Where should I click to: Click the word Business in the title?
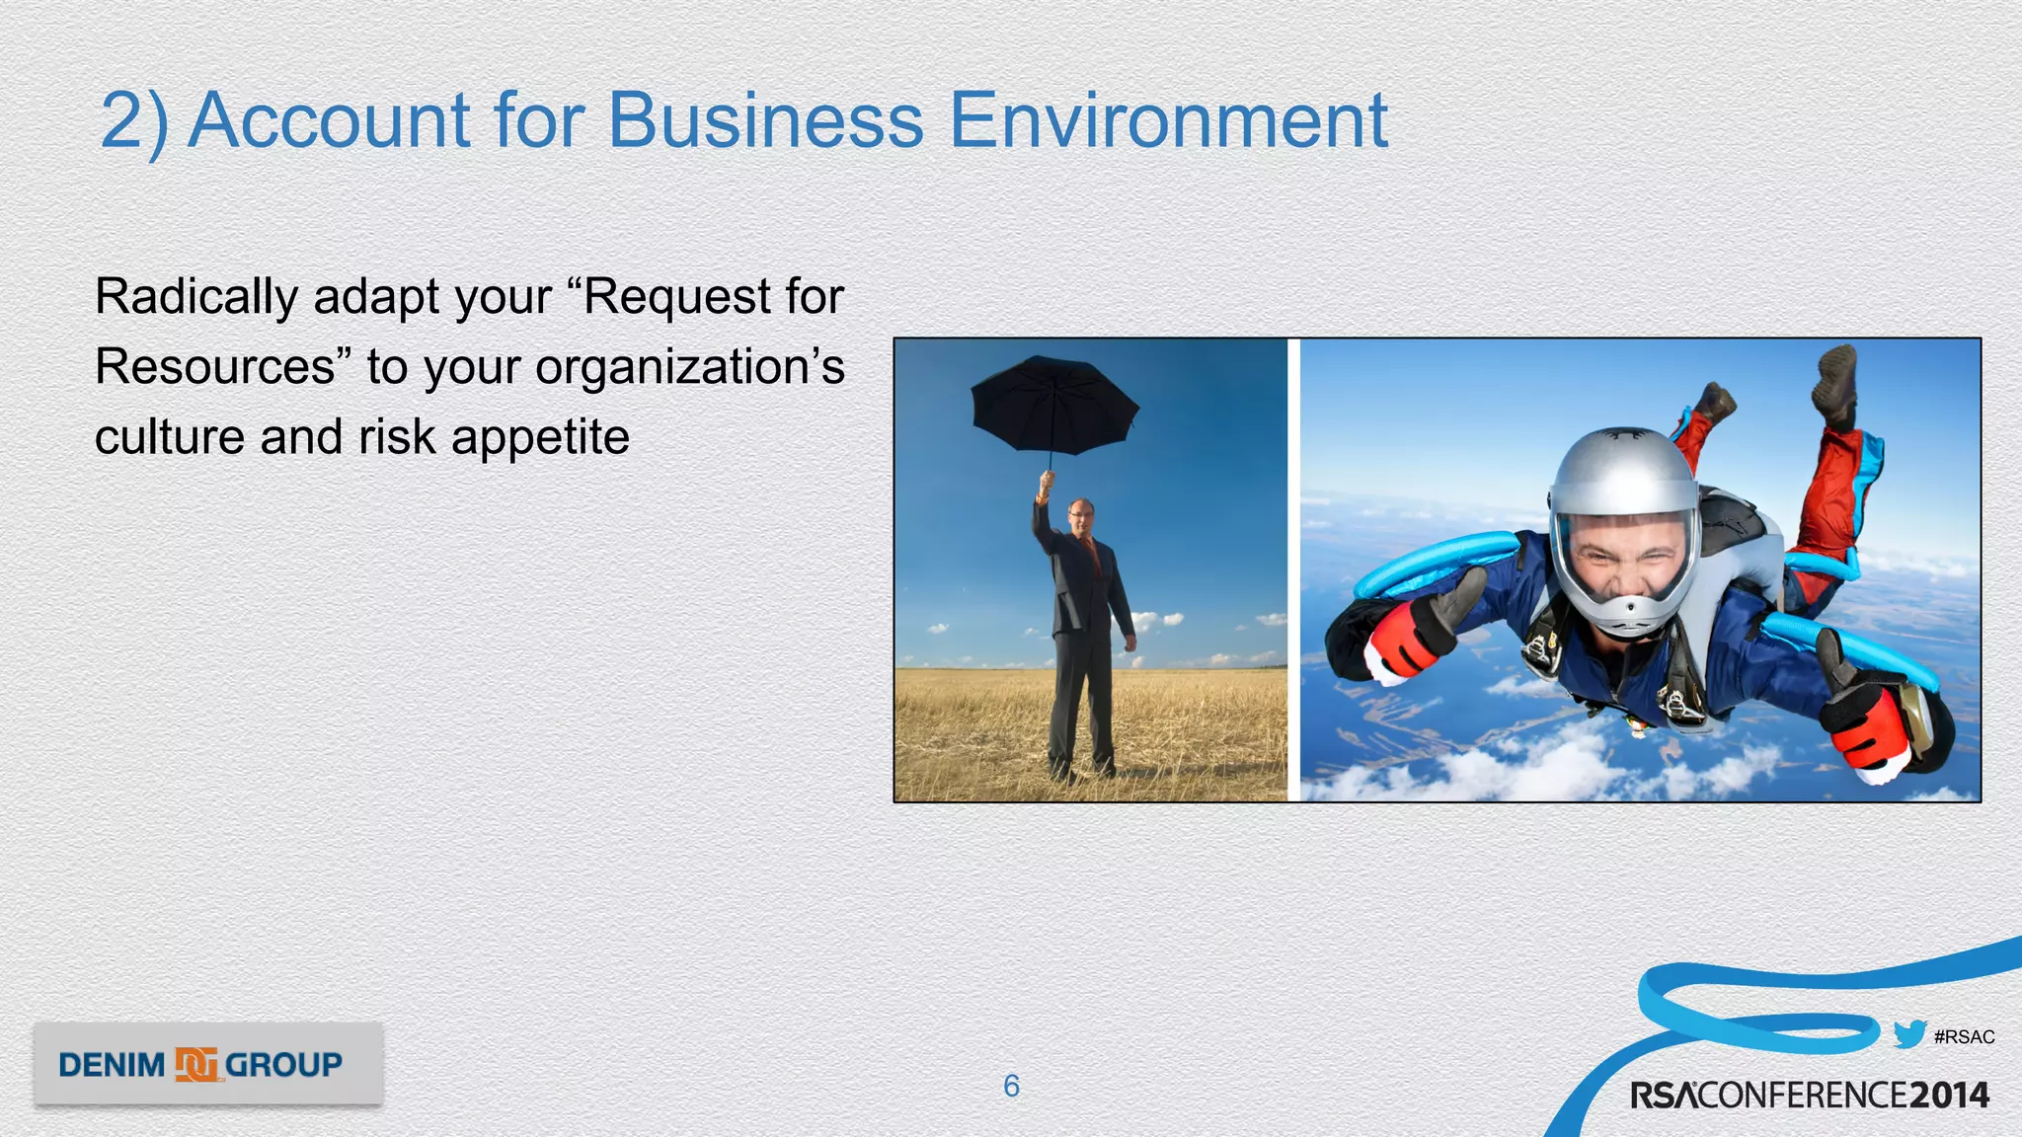[x=765, y=120]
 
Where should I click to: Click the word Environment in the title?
[x=1168, y=120]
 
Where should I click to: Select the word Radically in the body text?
[x=196, y=297]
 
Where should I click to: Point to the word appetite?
[x=540, y=437]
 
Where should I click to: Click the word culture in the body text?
[x=169, y=437]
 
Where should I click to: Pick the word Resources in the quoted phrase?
[x=215, y=367]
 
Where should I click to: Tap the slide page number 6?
[x=1011, y=1086]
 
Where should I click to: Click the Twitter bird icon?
[x=1909, y=1034]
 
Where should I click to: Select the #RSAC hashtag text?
[x=1965, y=1037]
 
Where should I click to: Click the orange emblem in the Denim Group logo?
[x=195, y=1065]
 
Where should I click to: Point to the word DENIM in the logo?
[x=112, y=1066]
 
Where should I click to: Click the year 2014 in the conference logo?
[x=1949, y=1096]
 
